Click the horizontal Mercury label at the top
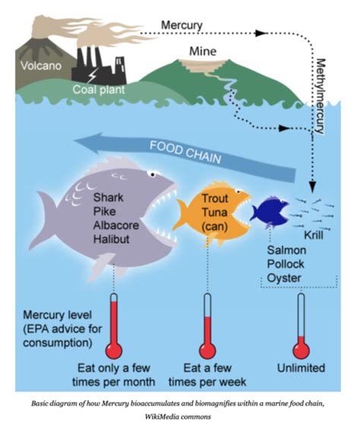182,25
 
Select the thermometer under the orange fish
207,325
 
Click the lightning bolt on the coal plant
92,75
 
